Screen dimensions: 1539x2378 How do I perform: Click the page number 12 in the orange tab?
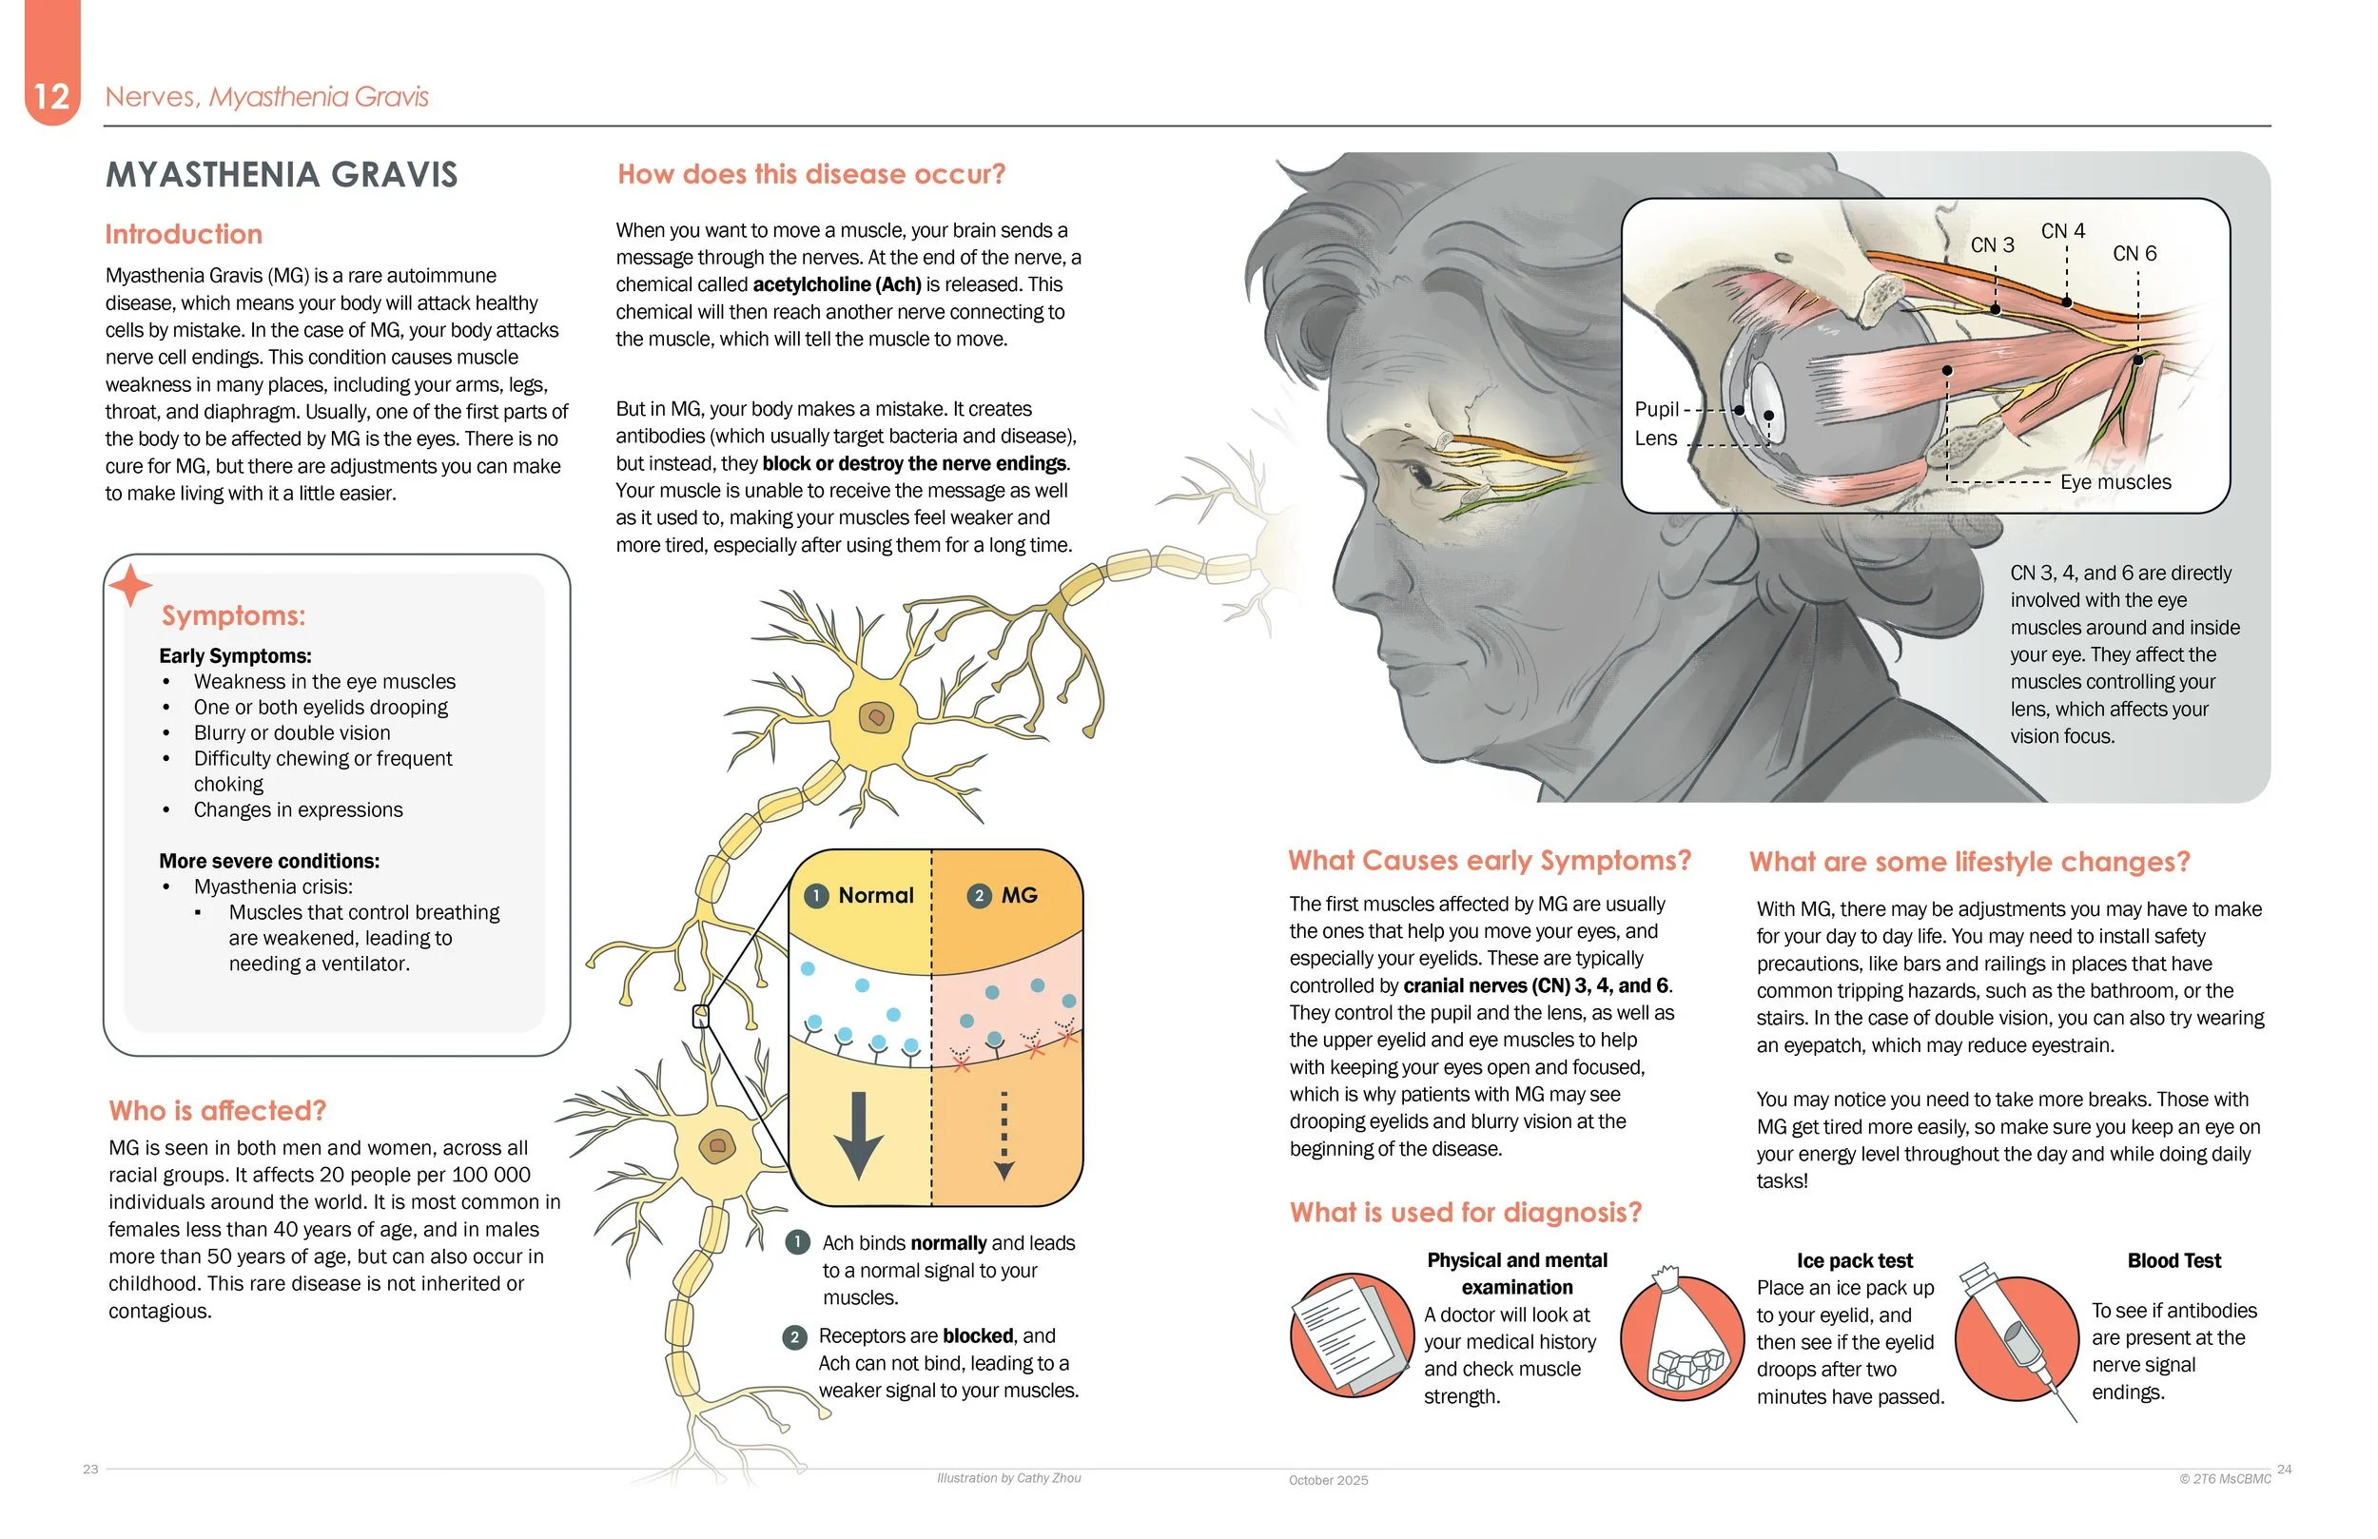(51, 96)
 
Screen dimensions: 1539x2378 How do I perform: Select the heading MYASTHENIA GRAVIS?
(282, 175)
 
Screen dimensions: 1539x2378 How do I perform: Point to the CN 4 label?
(2062, 231)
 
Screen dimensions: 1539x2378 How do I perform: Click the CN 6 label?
(2134, 254)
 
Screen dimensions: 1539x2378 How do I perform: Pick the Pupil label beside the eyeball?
(1656, 409)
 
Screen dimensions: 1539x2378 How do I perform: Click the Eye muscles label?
(2115, 481)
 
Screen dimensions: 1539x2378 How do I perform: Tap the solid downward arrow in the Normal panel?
(858, 1134)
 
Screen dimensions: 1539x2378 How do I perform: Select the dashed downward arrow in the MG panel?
(1004, 1134)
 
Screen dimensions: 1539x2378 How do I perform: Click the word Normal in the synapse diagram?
(875, 895)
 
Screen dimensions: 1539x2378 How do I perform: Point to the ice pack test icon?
(1682, 1336)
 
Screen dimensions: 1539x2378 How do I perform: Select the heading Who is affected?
(218, 1110)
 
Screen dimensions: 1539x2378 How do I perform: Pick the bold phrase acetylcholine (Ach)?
(836, 284)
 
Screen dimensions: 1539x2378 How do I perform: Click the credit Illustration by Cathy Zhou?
(1008, 1478)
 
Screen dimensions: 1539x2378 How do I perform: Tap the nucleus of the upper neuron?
(876, 716)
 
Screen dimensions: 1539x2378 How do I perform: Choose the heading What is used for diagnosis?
(1465, 1212)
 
